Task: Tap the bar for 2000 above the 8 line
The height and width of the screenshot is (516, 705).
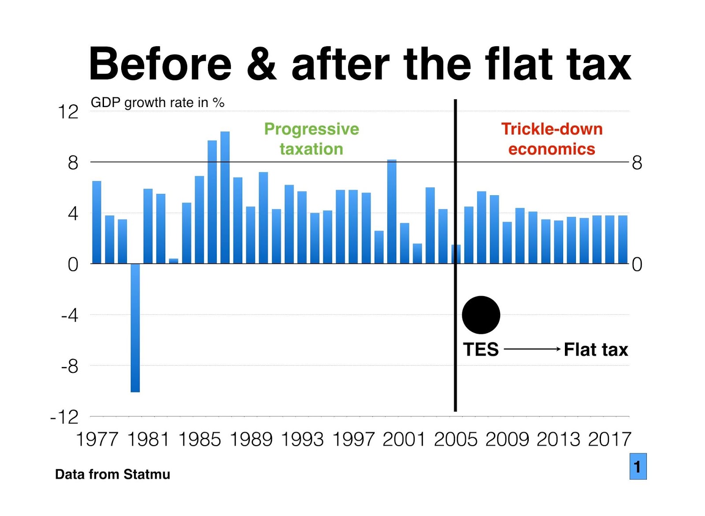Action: tap(392, 212)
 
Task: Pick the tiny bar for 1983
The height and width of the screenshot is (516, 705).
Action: tap(174, 261)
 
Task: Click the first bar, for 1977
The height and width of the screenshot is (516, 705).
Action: tap(96, 222)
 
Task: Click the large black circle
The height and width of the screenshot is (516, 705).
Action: tap(481, 315)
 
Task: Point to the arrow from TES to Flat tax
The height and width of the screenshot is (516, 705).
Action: tap(531, 349)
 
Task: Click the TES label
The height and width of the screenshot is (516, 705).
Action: tap(481, 349)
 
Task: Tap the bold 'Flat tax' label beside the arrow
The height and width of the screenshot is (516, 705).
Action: tap(596, 349)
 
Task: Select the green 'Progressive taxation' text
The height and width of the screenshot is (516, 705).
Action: tap(312, 139)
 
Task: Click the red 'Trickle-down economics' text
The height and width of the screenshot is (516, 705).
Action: tap(552, 139)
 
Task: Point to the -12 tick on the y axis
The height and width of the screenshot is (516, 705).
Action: tap(65, 417)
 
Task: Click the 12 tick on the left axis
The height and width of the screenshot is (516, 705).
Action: tap(68, 111)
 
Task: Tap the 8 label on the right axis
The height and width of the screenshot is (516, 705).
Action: tap(637, 163)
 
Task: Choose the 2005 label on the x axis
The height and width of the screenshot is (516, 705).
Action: tap(455, 439)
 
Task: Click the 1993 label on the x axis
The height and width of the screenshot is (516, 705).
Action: tap(302, 439)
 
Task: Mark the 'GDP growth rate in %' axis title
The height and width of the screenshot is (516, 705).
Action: tap(157, 103)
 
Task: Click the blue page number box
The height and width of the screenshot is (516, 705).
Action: tap(638, 466)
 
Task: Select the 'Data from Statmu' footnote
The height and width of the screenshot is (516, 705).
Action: tap(112, 474)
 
